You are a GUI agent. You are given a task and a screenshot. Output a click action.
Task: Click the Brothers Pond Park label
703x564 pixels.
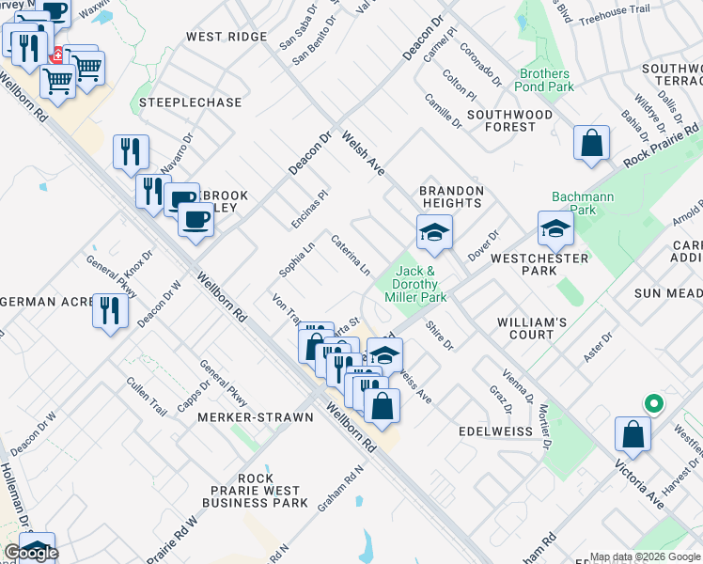point(544,80)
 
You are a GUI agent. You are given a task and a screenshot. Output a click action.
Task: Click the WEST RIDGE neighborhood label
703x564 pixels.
point(227,37)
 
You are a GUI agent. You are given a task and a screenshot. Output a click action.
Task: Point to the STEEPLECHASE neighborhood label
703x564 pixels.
point(190,102)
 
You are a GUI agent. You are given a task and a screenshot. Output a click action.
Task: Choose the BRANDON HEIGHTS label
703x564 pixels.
point(451,197)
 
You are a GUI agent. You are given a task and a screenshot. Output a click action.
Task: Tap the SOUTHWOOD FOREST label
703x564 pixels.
point(510,120)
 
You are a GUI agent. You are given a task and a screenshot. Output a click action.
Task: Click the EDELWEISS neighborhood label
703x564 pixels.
point(495,431)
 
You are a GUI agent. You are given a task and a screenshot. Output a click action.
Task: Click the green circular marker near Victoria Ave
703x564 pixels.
point(653,404)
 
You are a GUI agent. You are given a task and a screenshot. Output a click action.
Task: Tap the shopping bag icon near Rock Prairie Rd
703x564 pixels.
point(592,144)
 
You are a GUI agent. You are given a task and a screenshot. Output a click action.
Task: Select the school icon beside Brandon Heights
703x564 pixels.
point(434,232)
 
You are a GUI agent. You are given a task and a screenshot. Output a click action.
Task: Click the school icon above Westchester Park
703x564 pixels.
point(555,228)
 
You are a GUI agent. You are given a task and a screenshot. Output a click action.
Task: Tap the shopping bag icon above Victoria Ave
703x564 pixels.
point(633,435)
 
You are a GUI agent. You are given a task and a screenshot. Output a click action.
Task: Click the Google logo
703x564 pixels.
point(32,553)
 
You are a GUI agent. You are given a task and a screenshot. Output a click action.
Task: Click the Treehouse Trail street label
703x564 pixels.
point(615,9)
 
